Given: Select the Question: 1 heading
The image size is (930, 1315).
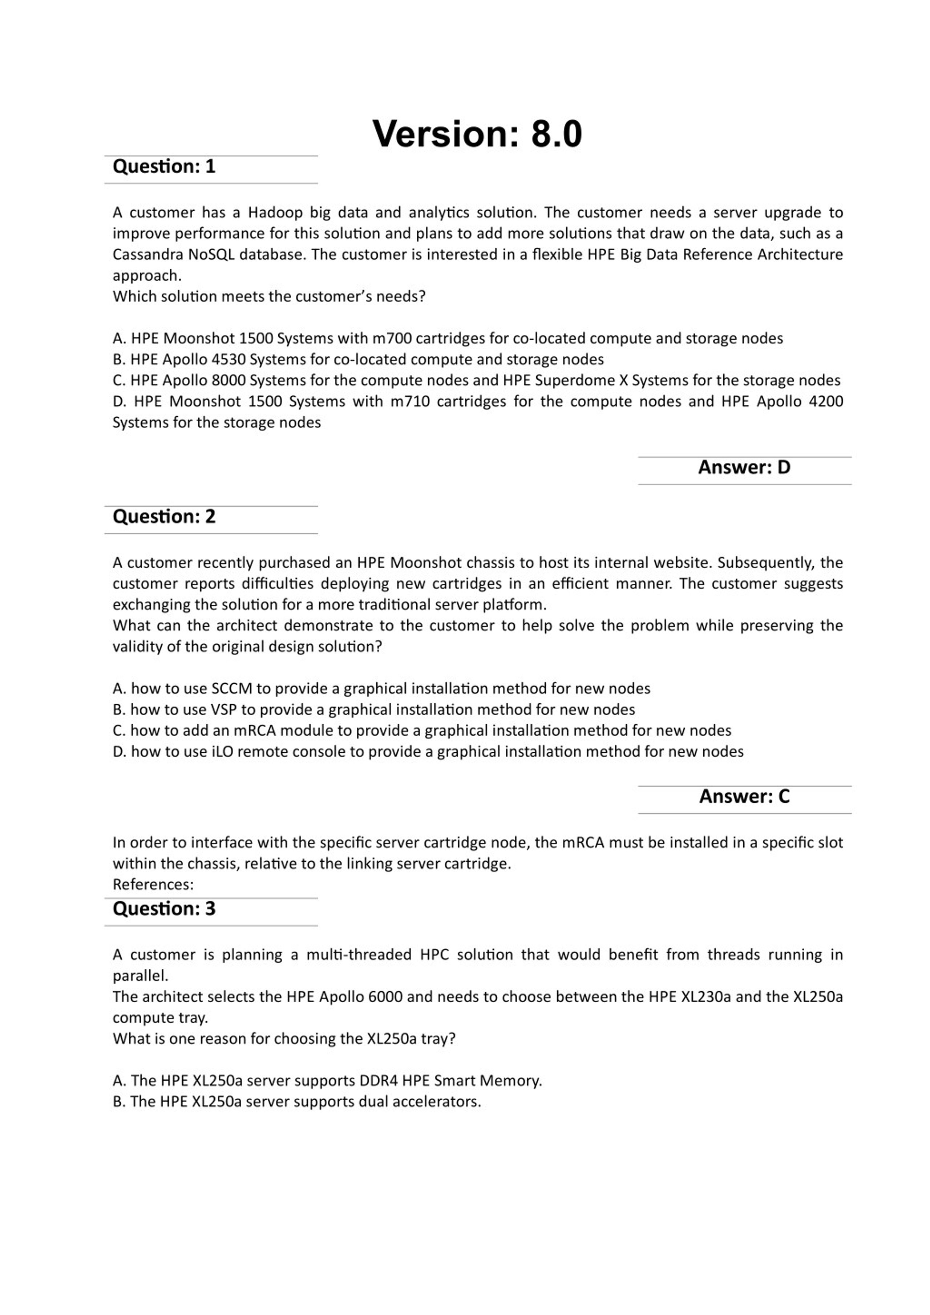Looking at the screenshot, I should [x=164, y=167].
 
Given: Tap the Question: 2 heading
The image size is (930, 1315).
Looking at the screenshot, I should [x=164, y=517].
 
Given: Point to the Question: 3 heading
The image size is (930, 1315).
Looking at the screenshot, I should [x=164, y=909].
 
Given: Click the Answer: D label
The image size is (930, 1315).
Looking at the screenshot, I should [x=744, y=468].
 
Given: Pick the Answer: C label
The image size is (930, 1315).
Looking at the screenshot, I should [x=744, y=797].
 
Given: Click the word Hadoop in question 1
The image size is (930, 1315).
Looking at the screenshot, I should [x=275, y=213].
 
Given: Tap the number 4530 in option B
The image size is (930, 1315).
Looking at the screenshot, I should [x=228, y=360].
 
